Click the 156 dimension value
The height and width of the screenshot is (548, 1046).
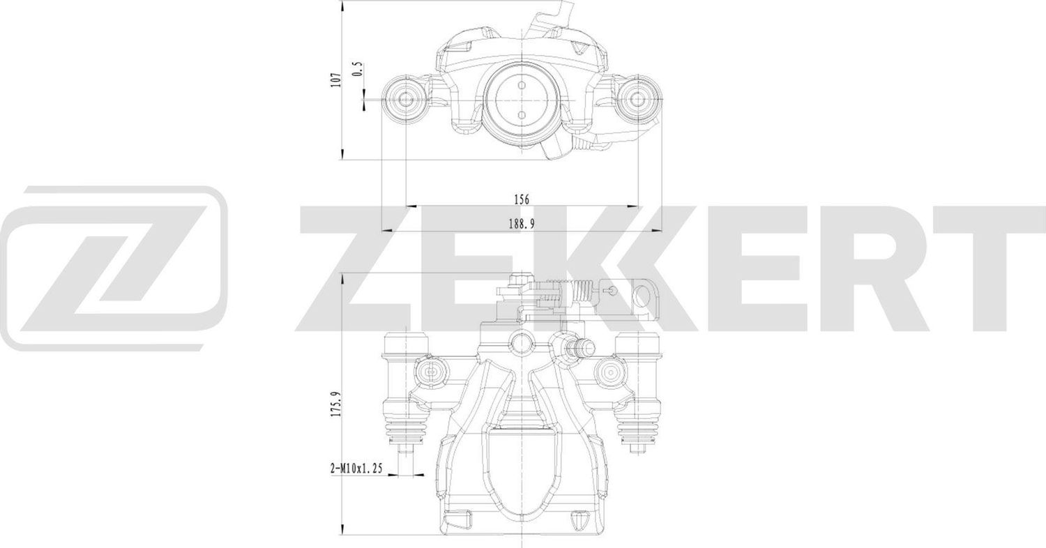click(x=522, y=199)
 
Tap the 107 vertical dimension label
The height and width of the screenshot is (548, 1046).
click(x=336, y=79)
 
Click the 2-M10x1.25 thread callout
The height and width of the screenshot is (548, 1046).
click(x=356, y=469)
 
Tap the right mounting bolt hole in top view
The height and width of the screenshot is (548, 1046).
click(x=637, y=99)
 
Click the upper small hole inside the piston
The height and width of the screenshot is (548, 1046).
click(x=522, y=85)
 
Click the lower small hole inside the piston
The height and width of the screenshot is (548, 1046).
click(x=522, y=114)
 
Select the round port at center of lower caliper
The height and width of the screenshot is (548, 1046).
click(x=522, y=342)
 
